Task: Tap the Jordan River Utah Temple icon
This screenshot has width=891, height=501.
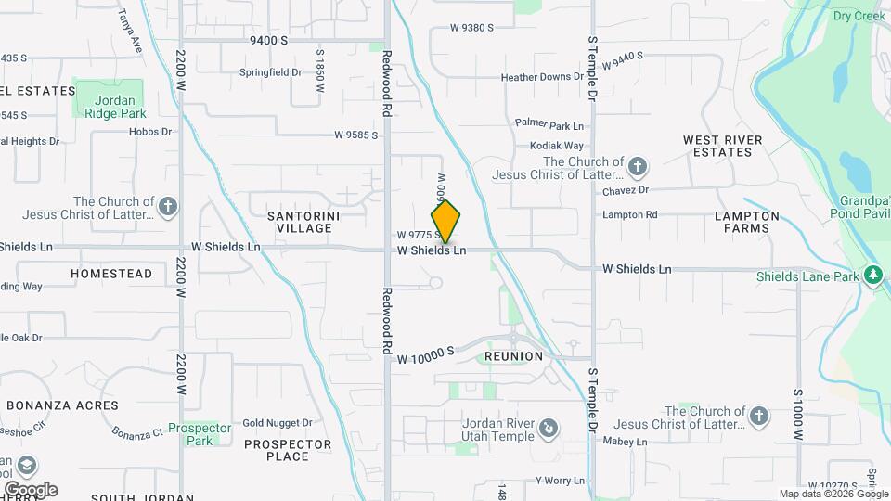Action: [549, 428]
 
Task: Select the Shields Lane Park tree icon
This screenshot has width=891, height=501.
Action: [872, 276]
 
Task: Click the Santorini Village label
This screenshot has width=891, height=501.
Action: [300, 221]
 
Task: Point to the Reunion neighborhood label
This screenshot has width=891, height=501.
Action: [513, 356]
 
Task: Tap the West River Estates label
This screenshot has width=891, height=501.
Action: [722, 146]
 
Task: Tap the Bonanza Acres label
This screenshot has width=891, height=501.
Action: [63, 405]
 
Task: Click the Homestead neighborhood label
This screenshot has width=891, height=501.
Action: [111, 274]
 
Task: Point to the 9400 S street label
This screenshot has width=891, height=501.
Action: [268, 41]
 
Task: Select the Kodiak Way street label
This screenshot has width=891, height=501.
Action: [556, 146]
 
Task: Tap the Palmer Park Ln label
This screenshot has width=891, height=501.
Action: [549, 124]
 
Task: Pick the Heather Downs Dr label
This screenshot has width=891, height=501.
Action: [541, 78]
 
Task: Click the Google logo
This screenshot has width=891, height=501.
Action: [30, 489]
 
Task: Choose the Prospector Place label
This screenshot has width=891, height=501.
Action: [288, 450]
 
